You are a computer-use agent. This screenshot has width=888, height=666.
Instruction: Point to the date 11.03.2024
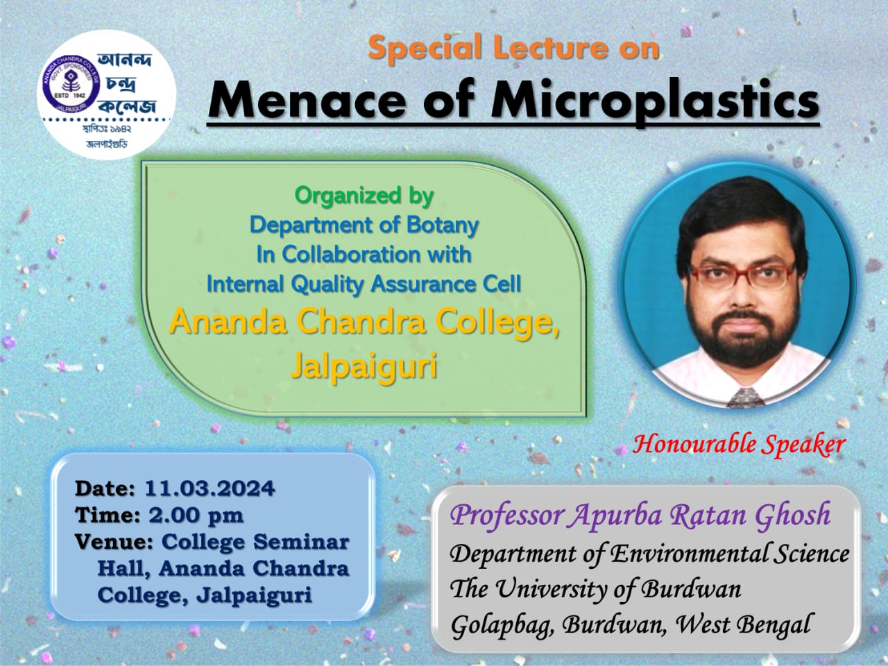[210, 488]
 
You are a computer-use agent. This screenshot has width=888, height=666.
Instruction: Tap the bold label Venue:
[114, 543]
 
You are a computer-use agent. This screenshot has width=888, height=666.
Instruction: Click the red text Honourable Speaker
[738, 445]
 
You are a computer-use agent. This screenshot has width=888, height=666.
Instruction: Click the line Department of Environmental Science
[649, 554]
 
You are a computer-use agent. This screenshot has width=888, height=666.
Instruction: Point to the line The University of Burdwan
[595, 589]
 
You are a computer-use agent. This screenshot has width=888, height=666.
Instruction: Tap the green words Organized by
[364, 197]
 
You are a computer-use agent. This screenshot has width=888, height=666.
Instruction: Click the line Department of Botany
[364, 225]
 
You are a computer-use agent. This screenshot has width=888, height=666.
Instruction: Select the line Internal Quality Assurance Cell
[364, 284]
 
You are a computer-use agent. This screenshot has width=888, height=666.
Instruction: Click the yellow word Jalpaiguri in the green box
[364, 367]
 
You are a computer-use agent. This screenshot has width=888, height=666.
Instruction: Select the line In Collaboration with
[364, 255]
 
